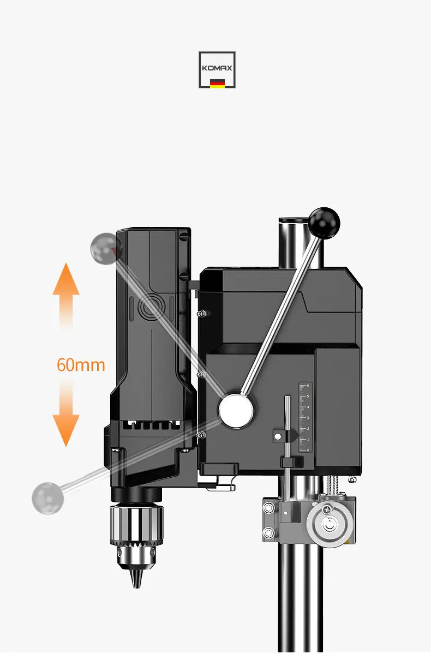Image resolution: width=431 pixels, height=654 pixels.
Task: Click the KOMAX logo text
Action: click(217, 69)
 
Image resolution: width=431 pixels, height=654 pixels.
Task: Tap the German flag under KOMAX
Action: click(217, 83)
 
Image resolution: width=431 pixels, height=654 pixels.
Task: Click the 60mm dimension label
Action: click(81, 364)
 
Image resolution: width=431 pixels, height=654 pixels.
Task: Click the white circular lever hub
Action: click(237, 410)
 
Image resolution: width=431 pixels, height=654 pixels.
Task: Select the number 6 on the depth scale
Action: click(308, 386)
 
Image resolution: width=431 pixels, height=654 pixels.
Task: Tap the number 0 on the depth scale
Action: click(308, 450)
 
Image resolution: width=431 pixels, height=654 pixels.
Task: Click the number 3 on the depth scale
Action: click(308, 418)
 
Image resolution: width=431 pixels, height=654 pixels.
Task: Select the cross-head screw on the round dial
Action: click(326, 509)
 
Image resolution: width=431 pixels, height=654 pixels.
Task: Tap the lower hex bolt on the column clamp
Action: click(268, 532)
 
